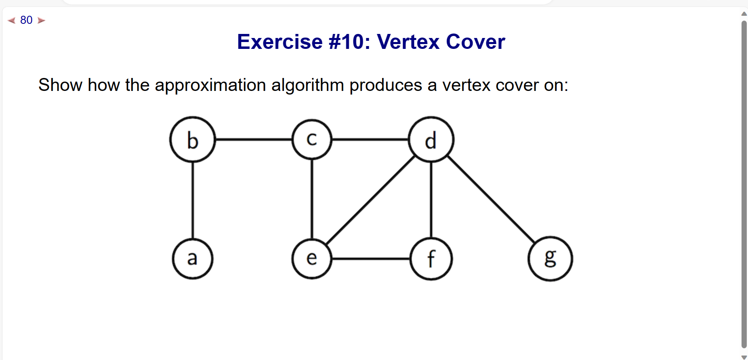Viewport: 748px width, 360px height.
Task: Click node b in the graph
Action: tap(193, 139)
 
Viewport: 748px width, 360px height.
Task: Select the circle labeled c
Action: tap(312, 139)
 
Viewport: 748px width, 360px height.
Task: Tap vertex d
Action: tap(431, 139)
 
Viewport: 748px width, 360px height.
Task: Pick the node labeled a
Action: tap(193, 259)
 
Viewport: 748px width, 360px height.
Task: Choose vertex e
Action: tap(312, 259)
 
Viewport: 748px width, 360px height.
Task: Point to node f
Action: tap(431, 259)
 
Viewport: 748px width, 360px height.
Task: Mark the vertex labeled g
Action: tap(550, 259)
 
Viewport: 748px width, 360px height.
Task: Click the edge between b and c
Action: tap(254, 139)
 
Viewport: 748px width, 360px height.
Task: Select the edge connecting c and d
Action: tap(370, 139)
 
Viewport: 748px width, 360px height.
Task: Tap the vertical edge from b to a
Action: tap(193, 200)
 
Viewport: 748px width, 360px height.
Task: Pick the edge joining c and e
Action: tap(312, 199)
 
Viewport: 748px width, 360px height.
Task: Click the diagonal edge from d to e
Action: tap(370, 200)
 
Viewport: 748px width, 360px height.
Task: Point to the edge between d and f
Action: tap(431, 200)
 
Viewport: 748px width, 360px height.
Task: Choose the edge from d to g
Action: tap(491, 199)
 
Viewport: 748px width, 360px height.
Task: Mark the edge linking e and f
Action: tap(371, 259)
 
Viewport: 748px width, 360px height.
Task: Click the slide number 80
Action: tap(26, 20)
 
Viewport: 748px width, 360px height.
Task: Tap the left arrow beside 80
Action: tap(12, 20)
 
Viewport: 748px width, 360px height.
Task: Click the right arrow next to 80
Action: tap(41, 20)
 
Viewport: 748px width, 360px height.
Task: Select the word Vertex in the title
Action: tap(408, 42)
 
